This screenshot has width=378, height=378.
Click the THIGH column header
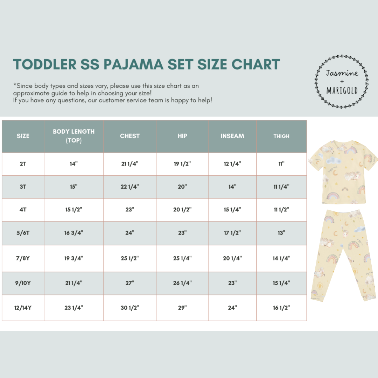281,136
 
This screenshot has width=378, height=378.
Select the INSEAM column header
232,136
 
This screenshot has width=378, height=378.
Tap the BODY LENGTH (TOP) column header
73,136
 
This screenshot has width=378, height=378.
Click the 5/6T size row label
23,233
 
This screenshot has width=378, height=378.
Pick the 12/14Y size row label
23,308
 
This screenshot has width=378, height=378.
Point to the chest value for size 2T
130,164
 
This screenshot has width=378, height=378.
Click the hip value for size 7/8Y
182,258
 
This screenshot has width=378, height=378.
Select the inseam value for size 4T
232,210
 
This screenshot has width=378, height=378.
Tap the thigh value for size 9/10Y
281,283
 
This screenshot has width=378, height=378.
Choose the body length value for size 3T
73,187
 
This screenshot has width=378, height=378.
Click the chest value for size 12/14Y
130,308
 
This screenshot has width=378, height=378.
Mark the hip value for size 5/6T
182,233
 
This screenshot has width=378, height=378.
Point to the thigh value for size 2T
281,164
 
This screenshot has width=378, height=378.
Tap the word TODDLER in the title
45,64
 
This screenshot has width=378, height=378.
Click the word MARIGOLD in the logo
342,91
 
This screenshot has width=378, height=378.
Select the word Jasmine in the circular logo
342,73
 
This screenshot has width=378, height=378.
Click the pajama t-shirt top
342,171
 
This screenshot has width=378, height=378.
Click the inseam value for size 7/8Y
232,258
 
